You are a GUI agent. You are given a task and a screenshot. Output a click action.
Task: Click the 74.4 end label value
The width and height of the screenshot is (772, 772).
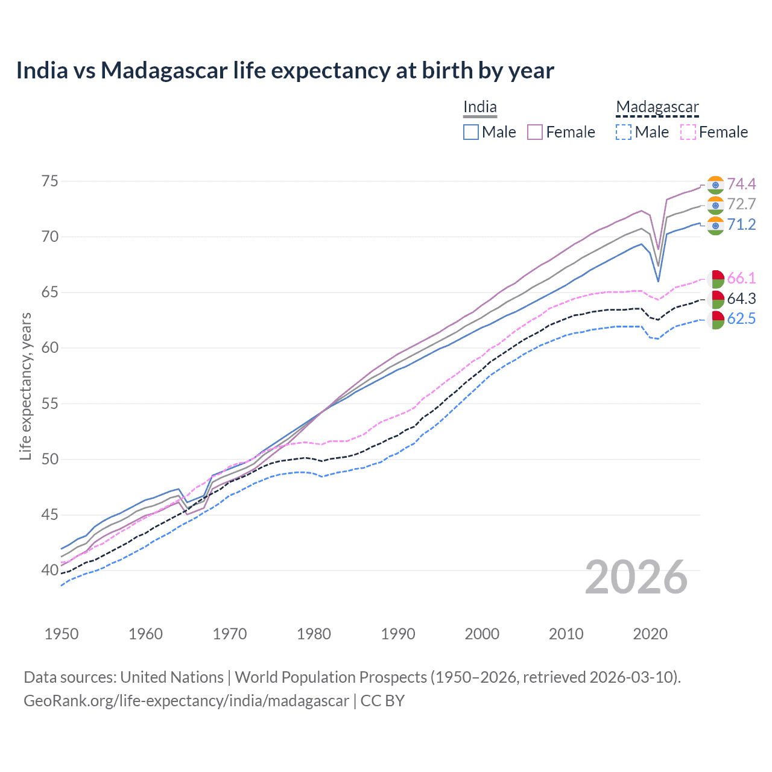coord(741,184)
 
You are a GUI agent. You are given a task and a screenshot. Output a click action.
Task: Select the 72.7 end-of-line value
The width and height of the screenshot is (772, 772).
coord(741,204)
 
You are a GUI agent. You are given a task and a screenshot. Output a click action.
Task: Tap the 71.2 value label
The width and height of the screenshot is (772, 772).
coord(741,225)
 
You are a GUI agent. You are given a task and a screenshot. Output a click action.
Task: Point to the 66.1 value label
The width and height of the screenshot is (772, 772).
coord(741,278)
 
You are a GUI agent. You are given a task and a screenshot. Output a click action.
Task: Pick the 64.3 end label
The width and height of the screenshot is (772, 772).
coord(741,299)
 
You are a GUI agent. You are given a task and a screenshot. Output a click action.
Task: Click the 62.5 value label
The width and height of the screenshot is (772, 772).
coord(741,319)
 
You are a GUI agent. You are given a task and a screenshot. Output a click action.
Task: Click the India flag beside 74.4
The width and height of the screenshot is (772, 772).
coord(715,185)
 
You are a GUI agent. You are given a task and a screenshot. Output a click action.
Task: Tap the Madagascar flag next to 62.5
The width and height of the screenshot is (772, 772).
coord(716,320)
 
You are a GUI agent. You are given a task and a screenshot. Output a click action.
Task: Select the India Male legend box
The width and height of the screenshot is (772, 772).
coord(471,132)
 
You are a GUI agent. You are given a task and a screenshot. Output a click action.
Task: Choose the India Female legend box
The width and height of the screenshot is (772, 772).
coord(535,132)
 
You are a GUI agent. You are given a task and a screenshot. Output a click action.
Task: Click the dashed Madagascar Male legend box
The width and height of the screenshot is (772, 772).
coord(624,132)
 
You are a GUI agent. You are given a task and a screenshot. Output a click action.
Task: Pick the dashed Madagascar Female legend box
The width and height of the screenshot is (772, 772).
coord(688,132)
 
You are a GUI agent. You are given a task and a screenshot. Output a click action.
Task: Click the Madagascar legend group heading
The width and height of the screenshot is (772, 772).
coord(657,107)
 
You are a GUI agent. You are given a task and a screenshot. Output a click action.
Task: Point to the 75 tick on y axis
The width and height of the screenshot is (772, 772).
coord(50,181)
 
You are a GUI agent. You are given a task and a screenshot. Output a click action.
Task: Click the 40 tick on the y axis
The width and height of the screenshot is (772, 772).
coord(50,570)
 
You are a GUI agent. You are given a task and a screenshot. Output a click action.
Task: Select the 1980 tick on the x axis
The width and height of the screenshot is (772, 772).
coord(314,634)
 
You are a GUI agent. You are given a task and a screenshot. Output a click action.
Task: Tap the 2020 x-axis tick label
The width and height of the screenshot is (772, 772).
coord(650,634)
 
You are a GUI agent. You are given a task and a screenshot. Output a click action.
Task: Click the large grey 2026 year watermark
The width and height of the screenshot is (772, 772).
coord(636,577)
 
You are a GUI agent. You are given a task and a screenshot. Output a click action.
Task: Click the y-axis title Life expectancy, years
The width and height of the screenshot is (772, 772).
coord(25,386)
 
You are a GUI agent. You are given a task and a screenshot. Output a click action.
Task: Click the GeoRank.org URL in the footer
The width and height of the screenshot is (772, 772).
coord(186,701)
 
